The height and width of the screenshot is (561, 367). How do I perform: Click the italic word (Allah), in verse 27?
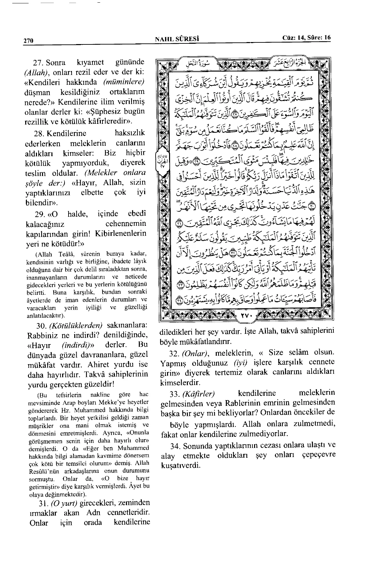click(x=37, y=73)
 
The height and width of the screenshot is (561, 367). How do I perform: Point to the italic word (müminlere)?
click(x=124, y=82)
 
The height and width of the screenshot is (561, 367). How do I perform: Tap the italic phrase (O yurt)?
click(x=64, y=504)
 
